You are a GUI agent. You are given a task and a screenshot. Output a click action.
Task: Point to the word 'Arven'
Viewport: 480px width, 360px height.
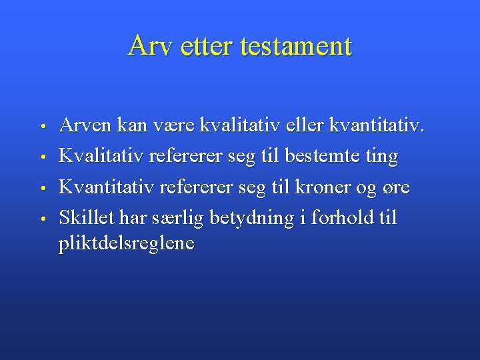[x=85, y=125]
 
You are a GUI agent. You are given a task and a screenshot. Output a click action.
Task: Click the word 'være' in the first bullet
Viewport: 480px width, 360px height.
[x=181, y=125]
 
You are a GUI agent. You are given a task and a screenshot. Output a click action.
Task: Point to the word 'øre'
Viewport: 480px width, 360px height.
[x=395, y=188]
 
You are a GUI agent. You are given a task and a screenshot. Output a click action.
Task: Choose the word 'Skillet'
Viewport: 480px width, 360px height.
[x=86, y=217]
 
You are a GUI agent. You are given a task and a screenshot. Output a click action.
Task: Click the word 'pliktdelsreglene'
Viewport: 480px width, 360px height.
[x=127, y=243]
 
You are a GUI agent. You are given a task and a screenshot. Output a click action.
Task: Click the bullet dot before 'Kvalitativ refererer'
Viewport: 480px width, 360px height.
[x=42, y=158]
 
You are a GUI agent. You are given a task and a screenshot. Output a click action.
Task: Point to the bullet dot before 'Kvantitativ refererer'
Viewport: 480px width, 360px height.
[x=42, y=188]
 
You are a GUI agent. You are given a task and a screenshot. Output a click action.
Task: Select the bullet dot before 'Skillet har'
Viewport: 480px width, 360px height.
[x=42, y=219]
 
